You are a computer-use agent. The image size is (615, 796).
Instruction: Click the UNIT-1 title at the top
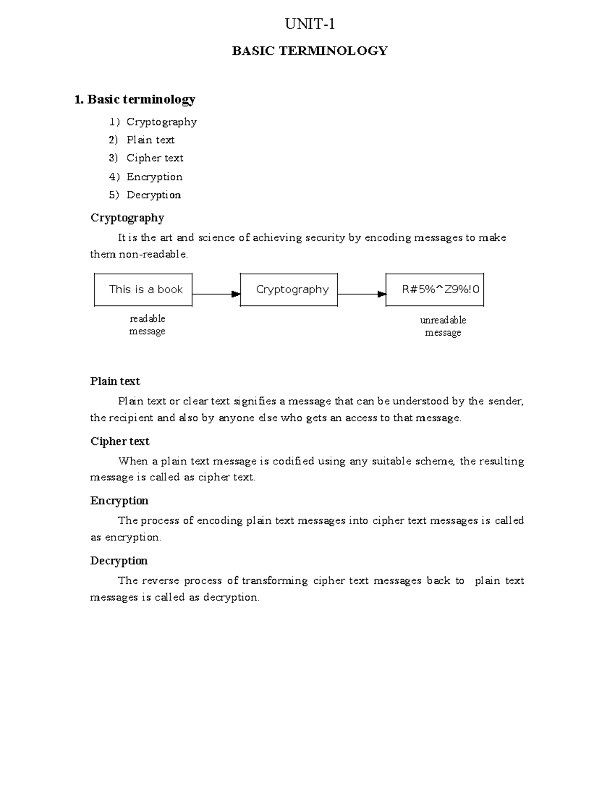310,24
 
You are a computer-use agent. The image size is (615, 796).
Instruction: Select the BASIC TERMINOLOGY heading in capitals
310,51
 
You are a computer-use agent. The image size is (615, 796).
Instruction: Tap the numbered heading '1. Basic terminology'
135,99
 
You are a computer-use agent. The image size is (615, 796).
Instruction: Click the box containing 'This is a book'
143,290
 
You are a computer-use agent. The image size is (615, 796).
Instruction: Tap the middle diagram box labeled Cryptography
289,290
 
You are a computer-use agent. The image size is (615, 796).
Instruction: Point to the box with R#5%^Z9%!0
435,290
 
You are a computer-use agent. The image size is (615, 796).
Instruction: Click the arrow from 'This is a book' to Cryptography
216,294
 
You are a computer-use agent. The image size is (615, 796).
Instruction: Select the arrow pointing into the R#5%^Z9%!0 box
361,294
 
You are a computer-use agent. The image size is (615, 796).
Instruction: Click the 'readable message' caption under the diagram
147,325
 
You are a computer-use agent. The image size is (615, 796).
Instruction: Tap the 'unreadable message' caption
443,326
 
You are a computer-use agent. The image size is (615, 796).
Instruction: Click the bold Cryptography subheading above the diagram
127,218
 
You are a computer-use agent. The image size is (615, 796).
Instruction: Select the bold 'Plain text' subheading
115,381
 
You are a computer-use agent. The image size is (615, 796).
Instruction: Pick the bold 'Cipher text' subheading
120,441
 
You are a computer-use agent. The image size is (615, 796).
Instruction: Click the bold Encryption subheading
119,501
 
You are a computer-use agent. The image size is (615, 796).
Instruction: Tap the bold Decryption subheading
119,561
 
